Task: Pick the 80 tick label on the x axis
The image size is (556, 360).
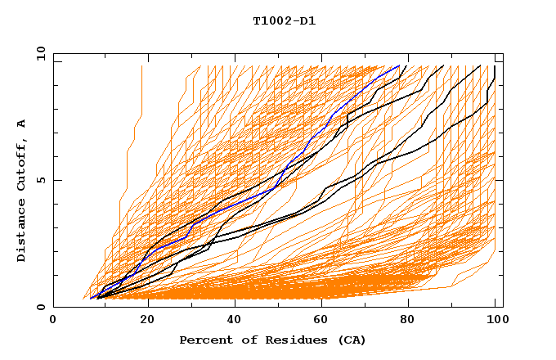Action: click(406, 320)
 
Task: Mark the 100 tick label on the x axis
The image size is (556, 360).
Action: click(495, 320)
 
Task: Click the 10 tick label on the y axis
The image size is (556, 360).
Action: click(40, 52)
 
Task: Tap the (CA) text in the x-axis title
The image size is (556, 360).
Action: click(352, 340)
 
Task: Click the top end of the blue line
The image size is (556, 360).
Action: click(399, 66)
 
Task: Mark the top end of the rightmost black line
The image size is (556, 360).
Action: click(495, 66)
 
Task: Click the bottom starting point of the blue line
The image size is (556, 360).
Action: click(91, 299)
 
